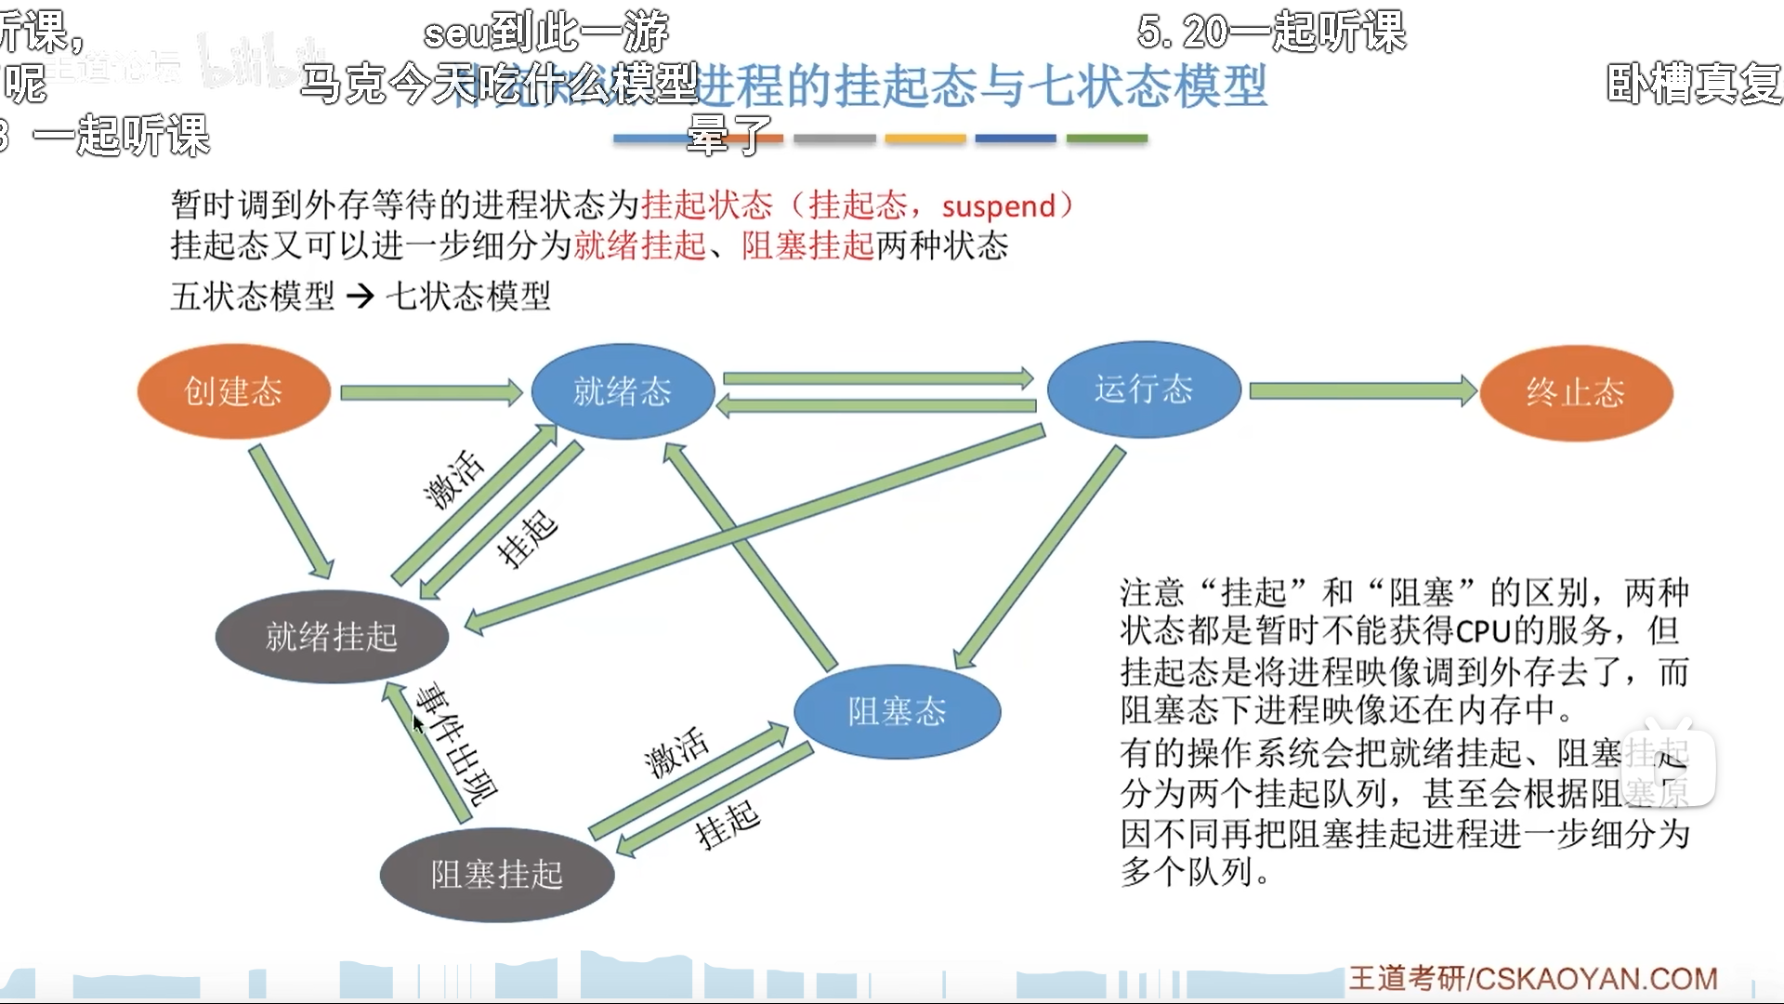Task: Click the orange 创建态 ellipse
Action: click(x=234, y=391)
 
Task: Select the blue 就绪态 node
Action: click(x=623, y=391)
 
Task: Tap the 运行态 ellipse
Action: click(x=1144, y=389)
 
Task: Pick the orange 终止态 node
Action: click(x=1576, y=393)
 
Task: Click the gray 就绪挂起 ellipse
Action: click(x=332, y=637)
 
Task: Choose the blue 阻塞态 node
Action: click(x=897, y=712)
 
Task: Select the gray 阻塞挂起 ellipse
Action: click(x=497, y=875)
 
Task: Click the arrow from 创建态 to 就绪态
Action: click(x=431, y=392)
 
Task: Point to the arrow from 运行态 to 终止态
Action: click(x=1362, y=390)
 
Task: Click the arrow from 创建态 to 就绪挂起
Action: click(x=291, y=511)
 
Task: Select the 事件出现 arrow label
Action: click(x=456, y=744)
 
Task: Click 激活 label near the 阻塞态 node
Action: click(x=676, y=752)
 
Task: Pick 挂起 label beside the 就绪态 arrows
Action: click(x=527, y=539)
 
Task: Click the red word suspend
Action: click(x=999, y=205)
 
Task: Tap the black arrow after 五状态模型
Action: click(x=360, y=297)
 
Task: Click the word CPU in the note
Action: click(x=1483, y=632)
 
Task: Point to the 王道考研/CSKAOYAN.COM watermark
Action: click(x=1533, y=979)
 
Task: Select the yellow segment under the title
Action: click(x=925, y=139)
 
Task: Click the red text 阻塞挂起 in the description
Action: click(x=808, y=246)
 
